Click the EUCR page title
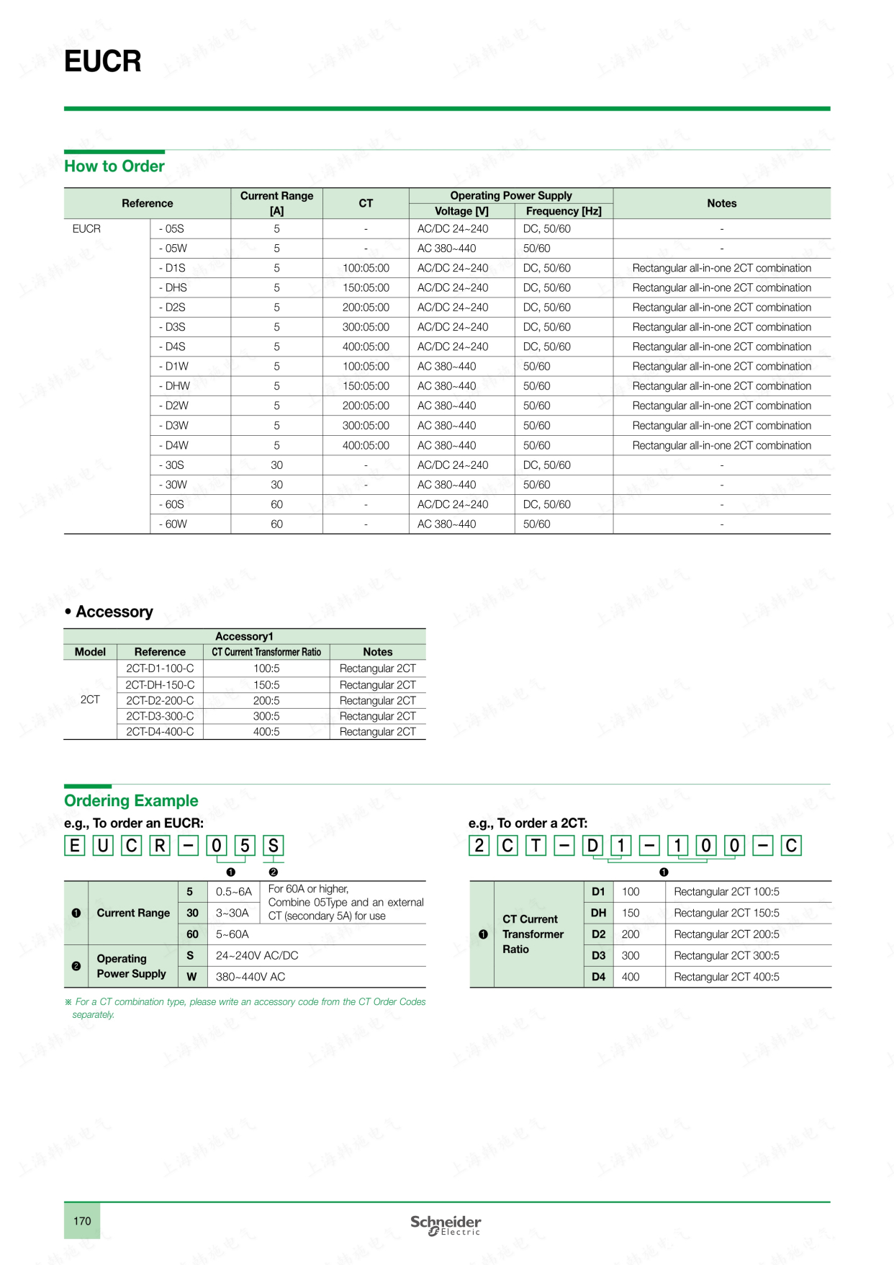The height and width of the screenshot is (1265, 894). point(103,61)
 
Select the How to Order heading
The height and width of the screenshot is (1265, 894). point(114,166)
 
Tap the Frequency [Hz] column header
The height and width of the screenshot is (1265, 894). point(563,211)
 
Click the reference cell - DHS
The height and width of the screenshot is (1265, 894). point(173,287)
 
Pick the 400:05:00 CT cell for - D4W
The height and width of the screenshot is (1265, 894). point(366,445)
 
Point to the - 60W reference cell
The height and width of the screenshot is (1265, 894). point(173,524)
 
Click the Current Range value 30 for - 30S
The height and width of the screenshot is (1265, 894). point(276,465)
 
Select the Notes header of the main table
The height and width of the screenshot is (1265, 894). point(721,203)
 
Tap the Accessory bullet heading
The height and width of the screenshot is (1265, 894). point(109,612)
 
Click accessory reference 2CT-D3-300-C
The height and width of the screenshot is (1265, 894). point(160,716)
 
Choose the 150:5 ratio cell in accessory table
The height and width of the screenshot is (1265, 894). point(266,684)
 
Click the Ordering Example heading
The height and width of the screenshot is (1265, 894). point(131,800)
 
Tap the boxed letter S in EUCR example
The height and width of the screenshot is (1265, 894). point(273,845)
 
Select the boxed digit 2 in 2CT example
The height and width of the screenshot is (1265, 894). point(479,845)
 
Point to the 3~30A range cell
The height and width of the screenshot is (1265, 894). point(232,913)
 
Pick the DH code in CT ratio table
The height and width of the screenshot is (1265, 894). point(598,913)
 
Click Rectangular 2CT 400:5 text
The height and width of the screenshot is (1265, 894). point(726,977)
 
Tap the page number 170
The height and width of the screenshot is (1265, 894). point(82,1220)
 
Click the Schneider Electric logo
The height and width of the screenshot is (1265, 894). point(446,1225)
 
